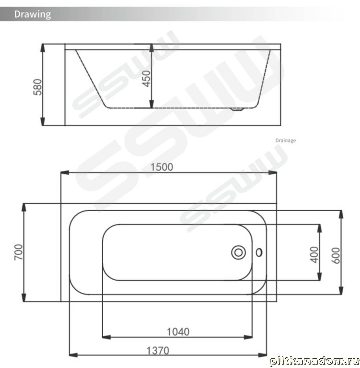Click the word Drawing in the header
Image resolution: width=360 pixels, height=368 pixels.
click(33, 14)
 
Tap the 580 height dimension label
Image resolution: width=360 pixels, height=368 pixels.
click(37, 87)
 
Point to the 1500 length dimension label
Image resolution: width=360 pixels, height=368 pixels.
click(162, 167)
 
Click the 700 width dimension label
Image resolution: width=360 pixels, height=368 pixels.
click(19, 252)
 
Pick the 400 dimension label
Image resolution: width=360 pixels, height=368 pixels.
click(314, 255)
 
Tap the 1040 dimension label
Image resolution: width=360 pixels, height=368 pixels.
click(178, 332)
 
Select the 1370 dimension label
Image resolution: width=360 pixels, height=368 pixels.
click(158, 351)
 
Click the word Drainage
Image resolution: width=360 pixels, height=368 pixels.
click(286, 141)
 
